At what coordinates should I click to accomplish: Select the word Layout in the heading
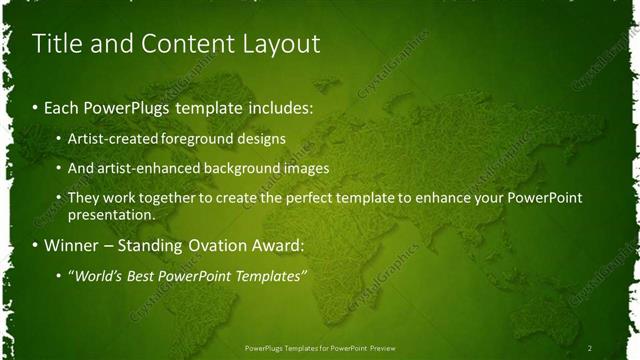pos(281,44)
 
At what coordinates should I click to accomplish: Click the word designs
pos(258,138)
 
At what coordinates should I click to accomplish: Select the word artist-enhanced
pos(140,168)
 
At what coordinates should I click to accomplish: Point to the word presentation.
pos(111,214)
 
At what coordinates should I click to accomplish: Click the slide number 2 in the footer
pos(590,347)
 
